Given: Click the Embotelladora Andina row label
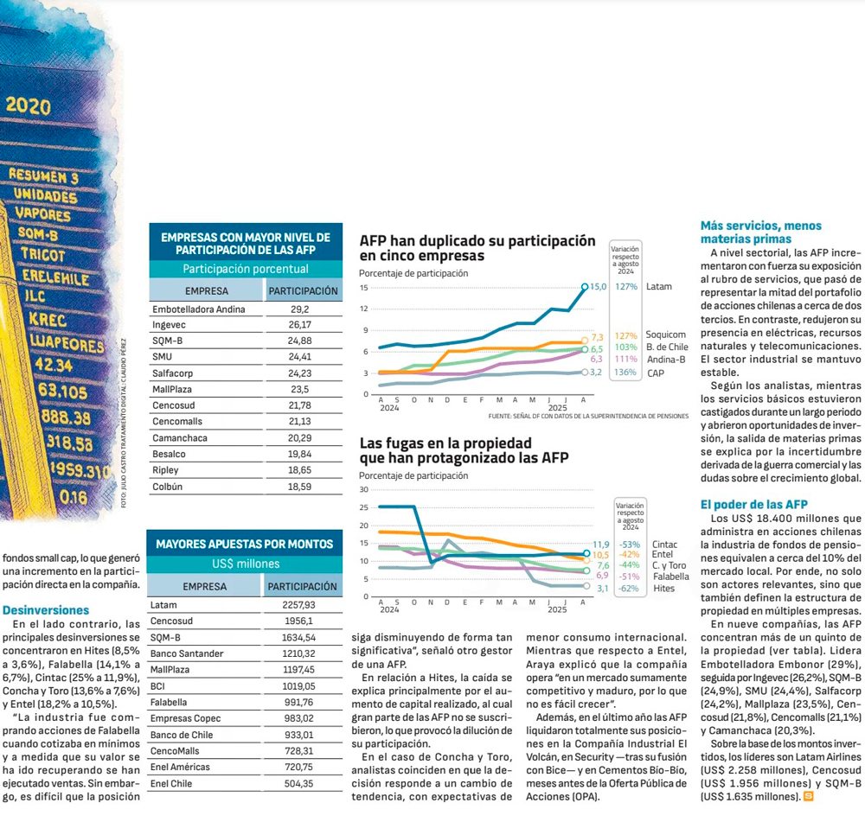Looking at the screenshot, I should click(x=199, y=309).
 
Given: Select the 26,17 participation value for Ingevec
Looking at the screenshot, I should click(x=300, y=325).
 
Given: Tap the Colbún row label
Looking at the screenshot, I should click(x=167, y=487).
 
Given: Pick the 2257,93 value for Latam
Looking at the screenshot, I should click(x=299, y=605).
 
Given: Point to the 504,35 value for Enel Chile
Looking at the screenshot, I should click(x=299, y=783).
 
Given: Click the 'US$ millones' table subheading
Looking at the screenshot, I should click(x=246, y=564).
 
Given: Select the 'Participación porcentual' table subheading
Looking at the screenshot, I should click(x=246, y=269).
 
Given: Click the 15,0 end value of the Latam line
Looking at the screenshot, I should click(x=597, y=286).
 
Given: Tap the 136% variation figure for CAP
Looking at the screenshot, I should click(x=627, y=373).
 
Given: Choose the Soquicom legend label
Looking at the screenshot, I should click(x=665, y=335).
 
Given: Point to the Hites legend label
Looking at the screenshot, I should click(x=663, y=588).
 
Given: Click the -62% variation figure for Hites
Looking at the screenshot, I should click(x=629, y=588).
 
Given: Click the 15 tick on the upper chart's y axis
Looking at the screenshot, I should click(x=364, y=288).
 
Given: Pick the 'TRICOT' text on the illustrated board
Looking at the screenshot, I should click(x=43, y=256).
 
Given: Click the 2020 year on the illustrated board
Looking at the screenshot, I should click(x=28, y=105).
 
